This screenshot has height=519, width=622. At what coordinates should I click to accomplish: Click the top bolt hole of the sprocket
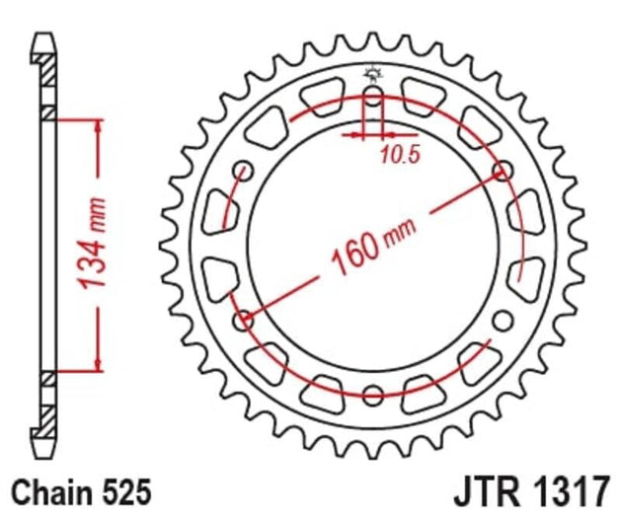372,97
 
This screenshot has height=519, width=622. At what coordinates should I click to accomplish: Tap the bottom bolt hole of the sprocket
372,396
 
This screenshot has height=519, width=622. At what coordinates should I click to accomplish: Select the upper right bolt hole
502,172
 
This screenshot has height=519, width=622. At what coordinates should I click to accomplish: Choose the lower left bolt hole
243,321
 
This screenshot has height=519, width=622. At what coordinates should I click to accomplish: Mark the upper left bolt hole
243,172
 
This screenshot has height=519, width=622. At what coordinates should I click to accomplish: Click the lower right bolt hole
502,321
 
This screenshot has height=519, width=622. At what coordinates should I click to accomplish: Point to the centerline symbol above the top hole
372,71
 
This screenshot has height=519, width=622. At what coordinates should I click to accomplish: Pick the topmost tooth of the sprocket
372,39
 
